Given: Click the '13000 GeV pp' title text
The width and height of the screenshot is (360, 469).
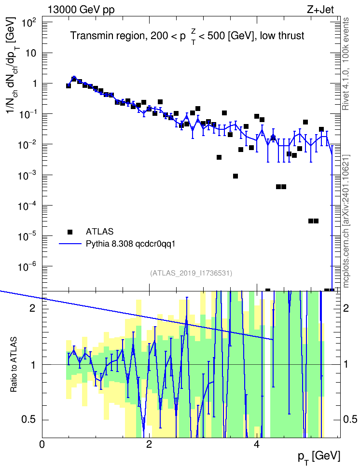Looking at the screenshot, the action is pos(81,10).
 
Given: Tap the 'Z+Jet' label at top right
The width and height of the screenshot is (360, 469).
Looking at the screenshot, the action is pos(320,10).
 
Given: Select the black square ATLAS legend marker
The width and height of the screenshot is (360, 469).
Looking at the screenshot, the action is pos(70,232).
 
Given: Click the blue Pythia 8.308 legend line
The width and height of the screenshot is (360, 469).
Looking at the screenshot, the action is pos(70,244).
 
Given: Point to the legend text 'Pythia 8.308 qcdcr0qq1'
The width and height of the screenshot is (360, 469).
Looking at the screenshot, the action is pos(130,244).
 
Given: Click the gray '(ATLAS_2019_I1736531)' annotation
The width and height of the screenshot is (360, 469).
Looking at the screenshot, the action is pos(191,273).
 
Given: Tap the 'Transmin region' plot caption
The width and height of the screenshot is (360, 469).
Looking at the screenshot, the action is pos(108,36).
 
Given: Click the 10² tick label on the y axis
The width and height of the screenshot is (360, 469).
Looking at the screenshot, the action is pos(28,22).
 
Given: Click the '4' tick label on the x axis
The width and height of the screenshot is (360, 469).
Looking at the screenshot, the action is pos(257,444).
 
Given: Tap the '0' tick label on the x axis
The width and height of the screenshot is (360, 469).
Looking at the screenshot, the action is pos(42,444).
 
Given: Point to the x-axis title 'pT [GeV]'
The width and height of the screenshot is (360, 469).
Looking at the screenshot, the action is pos(319,457).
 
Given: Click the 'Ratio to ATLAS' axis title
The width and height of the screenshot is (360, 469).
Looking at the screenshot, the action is pos(14,365).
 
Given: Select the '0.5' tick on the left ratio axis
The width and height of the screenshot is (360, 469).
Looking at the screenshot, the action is pos(28,420).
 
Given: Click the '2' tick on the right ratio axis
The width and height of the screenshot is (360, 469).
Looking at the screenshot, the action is pos(346,308).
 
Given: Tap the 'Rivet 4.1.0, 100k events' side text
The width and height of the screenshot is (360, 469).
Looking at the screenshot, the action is pos(346,64).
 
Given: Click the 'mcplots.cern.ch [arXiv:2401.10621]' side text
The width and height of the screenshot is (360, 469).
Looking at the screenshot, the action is pos(346,221).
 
